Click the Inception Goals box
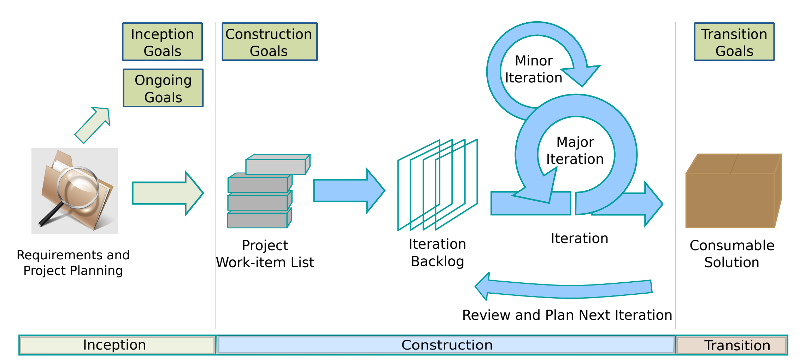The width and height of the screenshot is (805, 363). pyautogui.click(x=163, y=42)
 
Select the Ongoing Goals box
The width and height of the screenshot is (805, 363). pyautogui.click(x=163, y=88)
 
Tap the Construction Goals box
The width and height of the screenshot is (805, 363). pyautogui.click(x=269, y=42)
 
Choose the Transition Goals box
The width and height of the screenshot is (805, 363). pyautogui.click(x=734, y=42)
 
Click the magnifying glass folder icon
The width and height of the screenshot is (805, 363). pyautogui.click(x=75, y=191)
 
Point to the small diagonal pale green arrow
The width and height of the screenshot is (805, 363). pyautogui.click(x=93, y=125)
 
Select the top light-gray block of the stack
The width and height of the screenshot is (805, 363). pyautogui.click(x=277, y=165)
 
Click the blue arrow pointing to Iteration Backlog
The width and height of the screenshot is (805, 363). pyautogui.click(x=348, y=191)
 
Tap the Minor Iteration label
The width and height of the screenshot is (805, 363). pyautogui.click(x=534, y=69)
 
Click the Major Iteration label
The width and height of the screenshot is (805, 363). pyautogui.click(x=575, y=151)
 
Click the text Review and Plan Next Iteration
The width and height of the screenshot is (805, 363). pyautogui.click(x=567, y=315)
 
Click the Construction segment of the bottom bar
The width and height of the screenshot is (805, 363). pyautogui.click(x=446, y=345)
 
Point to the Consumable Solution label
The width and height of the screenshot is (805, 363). pyautogui.click(x=731, y=254)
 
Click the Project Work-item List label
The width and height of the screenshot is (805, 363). pyautogui.click(x=265, y=254)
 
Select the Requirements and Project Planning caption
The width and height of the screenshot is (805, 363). pyautogui.click(x=73, y=263)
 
